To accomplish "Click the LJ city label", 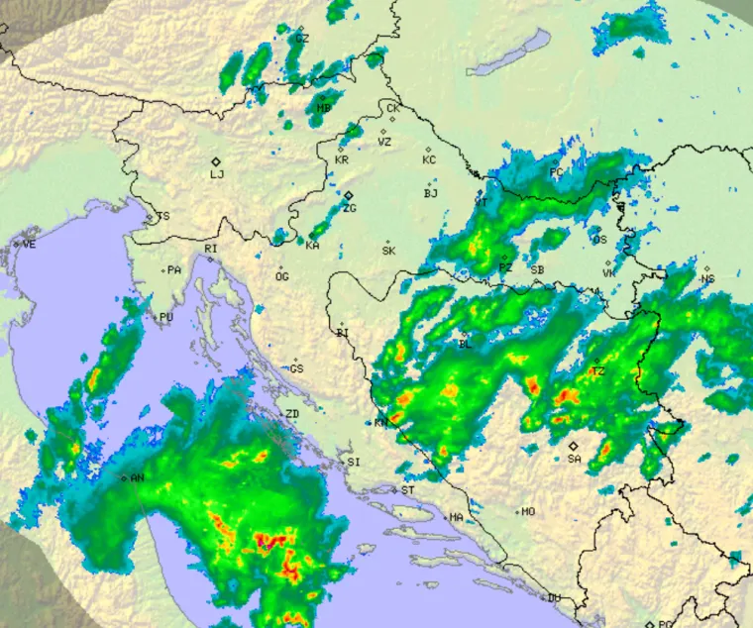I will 217,174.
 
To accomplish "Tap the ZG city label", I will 349,208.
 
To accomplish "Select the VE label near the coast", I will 29,244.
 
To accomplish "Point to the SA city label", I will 574,459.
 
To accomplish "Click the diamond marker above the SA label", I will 573,446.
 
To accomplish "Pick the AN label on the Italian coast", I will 138,478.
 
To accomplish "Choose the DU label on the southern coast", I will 554,597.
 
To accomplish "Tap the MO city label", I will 528,512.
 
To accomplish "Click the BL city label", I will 465,345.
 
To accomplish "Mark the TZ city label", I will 597,372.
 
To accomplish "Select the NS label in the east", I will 707,279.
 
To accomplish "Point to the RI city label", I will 210,249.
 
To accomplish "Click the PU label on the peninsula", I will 165,317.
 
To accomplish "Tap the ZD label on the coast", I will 292,413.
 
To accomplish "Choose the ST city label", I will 408,490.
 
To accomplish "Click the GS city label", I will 297,368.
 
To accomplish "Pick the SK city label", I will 388,251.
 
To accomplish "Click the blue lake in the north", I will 510,54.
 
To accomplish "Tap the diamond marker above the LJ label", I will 215,161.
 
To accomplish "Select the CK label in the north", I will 393,108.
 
